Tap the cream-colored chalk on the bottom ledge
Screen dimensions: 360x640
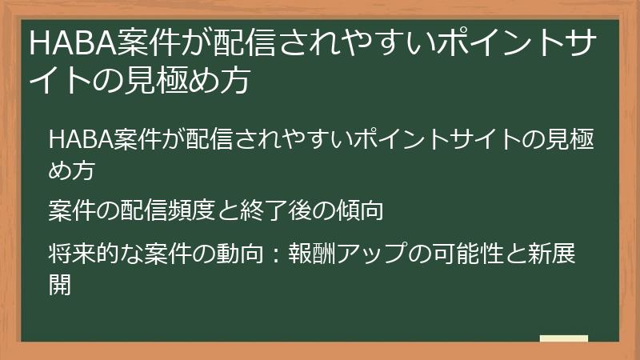tap(563, 338)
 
